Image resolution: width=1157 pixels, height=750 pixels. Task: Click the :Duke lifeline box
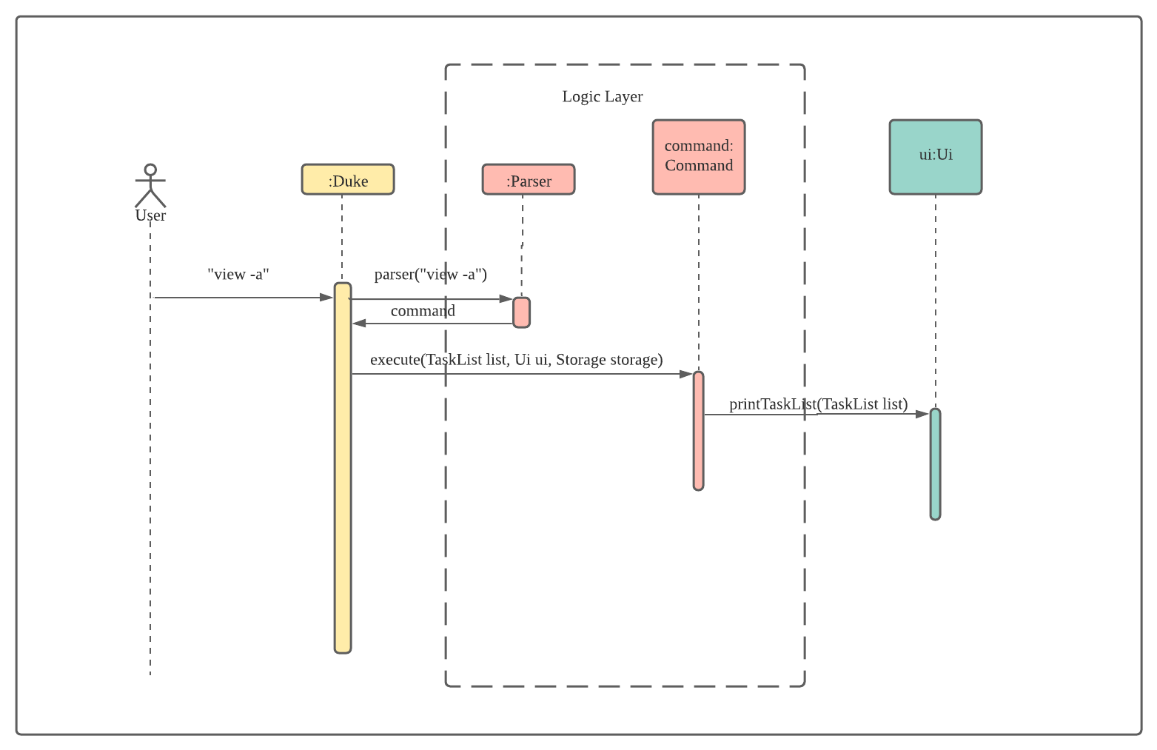(x=348, y=180)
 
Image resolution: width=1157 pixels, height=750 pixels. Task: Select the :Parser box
(x=529, y=180)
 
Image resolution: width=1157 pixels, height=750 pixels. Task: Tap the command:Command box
(x=699, y=157)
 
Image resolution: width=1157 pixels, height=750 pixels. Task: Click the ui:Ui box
(x=936, y=157)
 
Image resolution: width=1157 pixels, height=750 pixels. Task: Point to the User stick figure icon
(x=150, y=186)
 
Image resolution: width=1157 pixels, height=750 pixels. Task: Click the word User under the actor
(x=150, y=215)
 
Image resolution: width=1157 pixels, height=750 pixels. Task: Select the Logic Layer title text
(x=603, y=96)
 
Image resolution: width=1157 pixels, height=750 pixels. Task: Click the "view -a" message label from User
(x=238, y=274)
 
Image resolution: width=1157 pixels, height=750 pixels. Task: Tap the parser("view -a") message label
(x=431, y=274)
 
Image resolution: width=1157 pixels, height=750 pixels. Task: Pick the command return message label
(x=423, y=311)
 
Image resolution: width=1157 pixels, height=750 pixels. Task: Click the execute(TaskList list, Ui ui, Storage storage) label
(x=517, y=360)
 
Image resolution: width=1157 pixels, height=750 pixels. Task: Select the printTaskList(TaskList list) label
(x=818, y=404)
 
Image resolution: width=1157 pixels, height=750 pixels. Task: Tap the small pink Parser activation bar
(x=522, y=312)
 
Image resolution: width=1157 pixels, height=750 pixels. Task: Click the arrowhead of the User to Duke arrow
(x=327, y=298)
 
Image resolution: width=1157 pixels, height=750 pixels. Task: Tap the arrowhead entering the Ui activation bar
(x=923, y=414)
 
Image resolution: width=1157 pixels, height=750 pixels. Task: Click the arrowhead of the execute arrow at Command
(x=686, y=375)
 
